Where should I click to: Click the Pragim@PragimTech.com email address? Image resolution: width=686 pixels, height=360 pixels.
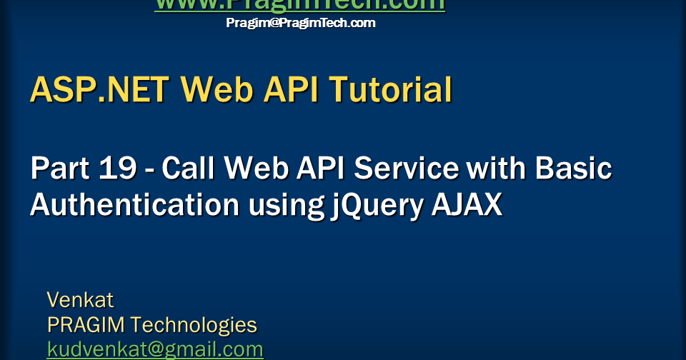[300, 23]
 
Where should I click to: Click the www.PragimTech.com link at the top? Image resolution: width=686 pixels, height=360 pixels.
[300, 4]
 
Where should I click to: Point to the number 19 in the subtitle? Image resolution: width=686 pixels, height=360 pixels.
[116, 169]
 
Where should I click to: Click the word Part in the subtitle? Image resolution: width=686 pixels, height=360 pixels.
[61, 169]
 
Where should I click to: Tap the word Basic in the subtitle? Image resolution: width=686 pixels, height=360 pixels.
[574, 169]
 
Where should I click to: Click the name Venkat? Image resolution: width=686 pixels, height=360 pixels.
[80, 299]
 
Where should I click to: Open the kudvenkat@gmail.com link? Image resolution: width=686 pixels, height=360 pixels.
[155, 349]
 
